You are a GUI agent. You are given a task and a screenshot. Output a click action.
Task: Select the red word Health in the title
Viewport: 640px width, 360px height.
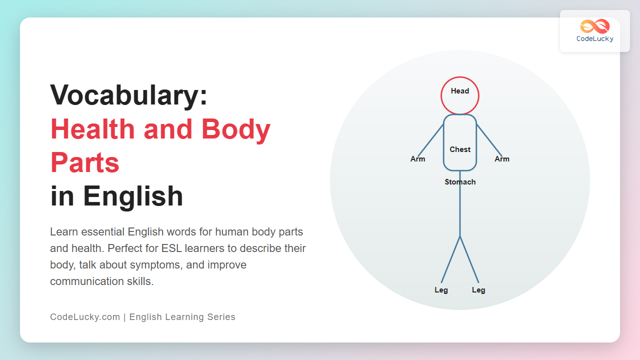(92, 129)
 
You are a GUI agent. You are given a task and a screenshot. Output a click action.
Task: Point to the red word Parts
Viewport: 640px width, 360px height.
(85, 162)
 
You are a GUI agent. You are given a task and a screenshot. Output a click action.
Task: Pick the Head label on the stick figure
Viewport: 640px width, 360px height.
(460, 91)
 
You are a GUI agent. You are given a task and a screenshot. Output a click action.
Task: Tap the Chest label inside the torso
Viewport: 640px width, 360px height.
(460, 149)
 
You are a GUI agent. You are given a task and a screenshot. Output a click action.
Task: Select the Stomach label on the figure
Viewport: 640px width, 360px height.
(460, 182)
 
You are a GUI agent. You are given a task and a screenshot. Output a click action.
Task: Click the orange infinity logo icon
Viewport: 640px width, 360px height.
(595, 26)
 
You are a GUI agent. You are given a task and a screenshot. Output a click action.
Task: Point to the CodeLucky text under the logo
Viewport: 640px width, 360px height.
(595, 39)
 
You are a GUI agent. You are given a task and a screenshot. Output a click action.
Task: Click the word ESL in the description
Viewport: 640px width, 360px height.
(171, 248)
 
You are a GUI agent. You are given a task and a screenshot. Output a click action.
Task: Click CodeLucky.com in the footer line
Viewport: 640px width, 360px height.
(85, 317)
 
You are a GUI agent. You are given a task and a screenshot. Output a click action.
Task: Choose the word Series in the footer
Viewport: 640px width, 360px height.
(221, 317)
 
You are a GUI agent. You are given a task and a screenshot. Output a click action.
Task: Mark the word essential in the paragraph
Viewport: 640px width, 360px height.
(102, 232)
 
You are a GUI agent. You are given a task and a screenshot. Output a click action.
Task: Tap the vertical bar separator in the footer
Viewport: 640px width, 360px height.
(124, 317)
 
